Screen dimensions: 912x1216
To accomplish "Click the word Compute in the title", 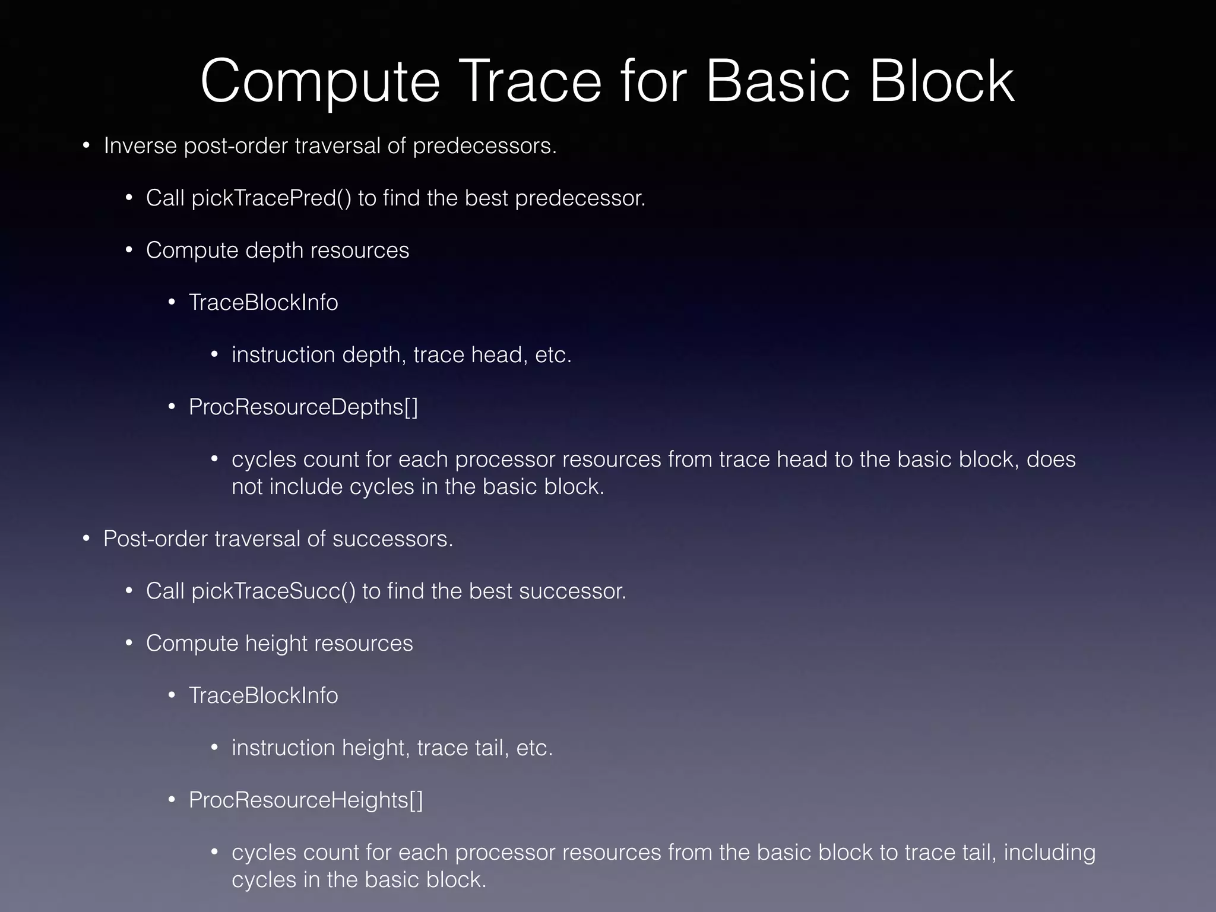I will [x=320, y=82].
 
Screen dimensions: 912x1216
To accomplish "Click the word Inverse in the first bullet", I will [x=140, y=145].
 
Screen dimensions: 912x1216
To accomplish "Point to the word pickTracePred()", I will [x=271, y=198].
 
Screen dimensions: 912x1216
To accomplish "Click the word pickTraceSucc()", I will [x=273, y=591].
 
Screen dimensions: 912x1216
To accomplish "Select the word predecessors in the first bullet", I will [x=484, y=146].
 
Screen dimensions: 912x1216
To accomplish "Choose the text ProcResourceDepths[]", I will [x=303, y=407].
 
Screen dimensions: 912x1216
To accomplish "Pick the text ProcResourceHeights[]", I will [x=306, y=800].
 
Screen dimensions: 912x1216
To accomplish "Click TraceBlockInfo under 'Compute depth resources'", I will [x=263, y=303].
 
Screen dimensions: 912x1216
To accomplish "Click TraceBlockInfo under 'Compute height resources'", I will [x=263, y=696].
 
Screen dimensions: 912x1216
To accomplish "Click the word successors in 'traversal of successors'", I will [x=392, y=539].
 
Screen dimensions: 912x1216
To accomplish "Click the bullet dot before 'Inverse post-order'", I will [x=86, y=145].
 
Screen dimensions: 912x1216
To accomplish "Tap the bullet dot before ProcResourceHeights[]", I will [x=172, y=800].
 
